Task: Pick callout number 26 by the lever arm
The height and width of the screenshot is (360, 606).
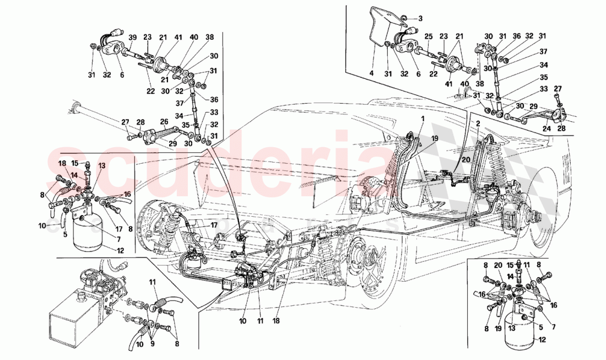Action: click(164, 122)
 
